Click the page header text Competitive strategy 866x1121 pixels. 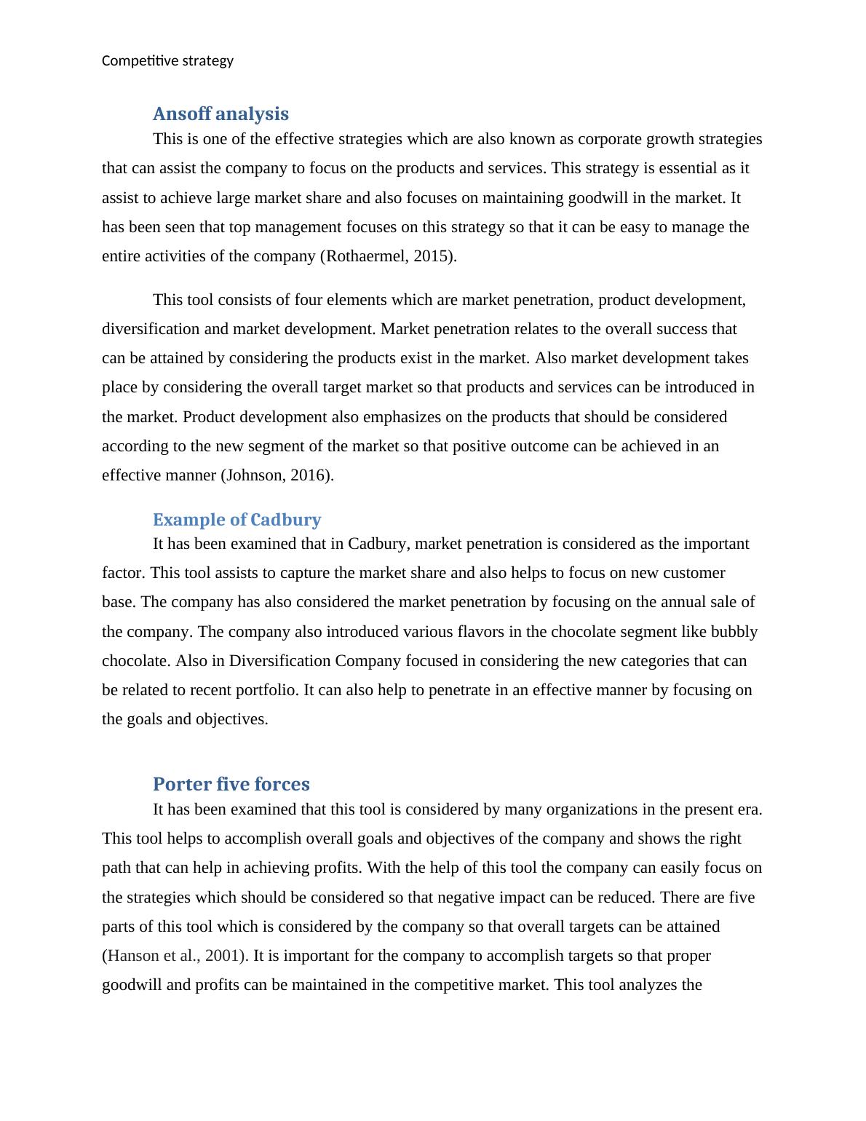(x=167, y=61)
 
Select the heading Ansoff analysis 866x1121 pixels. (x=221, y=114)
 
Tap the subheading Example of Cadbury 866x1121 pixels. (x=237, y=520)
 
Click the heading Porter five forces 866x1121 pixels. (x=231, y=784)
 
